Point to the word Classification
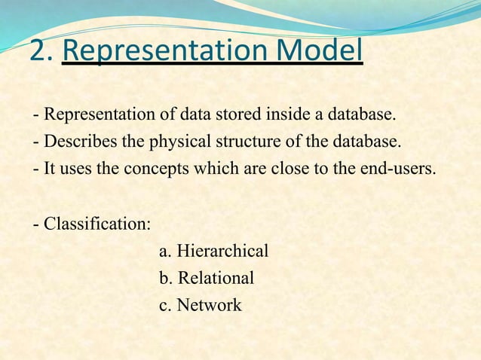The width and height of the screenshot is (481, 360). [x=97, y=224]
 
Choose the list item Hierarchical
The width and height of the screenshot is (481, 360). [x=222, y=252]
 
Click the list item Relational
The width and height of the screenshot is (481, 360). [x=216, y=279]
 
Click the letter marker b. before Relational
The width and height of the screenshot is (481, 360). [x=166, y=279]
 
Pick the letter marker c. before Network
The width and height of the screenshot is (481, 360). [x=166, y=306]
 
